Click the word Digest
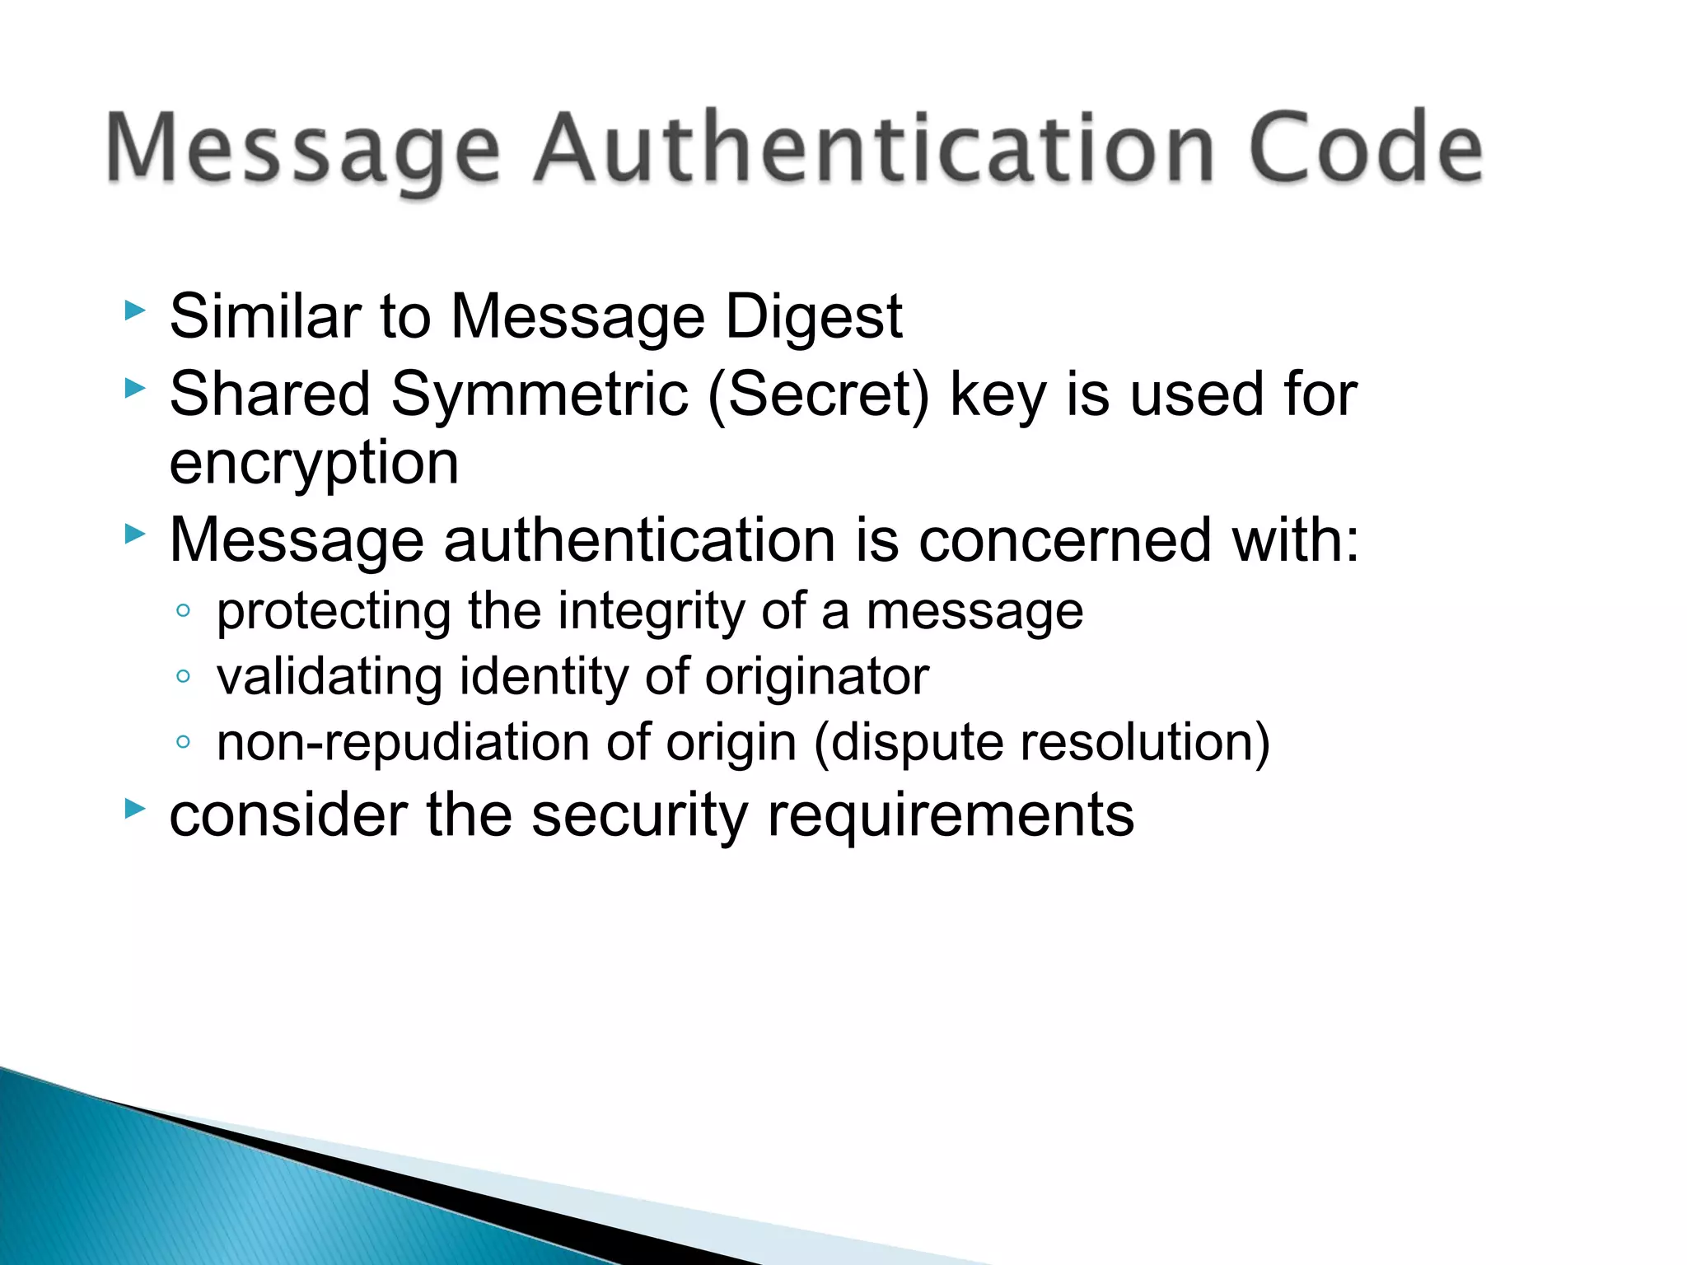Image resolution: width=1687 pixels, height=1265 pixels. (x=813, y=318)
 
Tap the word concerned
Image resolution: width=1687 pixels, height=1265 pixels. (x=1064, y=540)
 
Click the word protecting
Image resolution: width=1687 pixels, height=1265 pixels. (x=334, y=613)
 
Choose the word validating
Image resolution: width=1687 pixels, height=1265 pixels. (x=329, y=677)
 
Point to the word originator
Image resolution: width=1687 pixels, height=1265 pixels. (x=816, y=677)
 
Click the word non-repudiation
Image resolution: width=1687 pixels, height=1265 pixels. (x=404, y=743)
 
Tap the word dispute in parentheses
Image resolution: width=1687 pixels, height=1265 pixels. (x=909, y=743)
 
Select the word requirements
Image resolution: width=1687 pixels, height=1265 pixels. (x=951, y=815)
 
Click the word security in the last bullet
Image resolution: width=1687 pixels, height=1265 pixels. (x=640, y=815)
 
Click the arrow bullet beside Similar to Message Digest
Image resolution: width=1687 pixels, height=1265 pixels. (x=134, y=311)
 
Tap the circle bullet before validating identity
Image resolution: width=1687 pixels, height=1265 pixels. (x=183, y=677)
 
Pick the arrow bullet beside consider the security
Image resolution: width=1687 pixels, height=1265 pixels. (x=134, y=809)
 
